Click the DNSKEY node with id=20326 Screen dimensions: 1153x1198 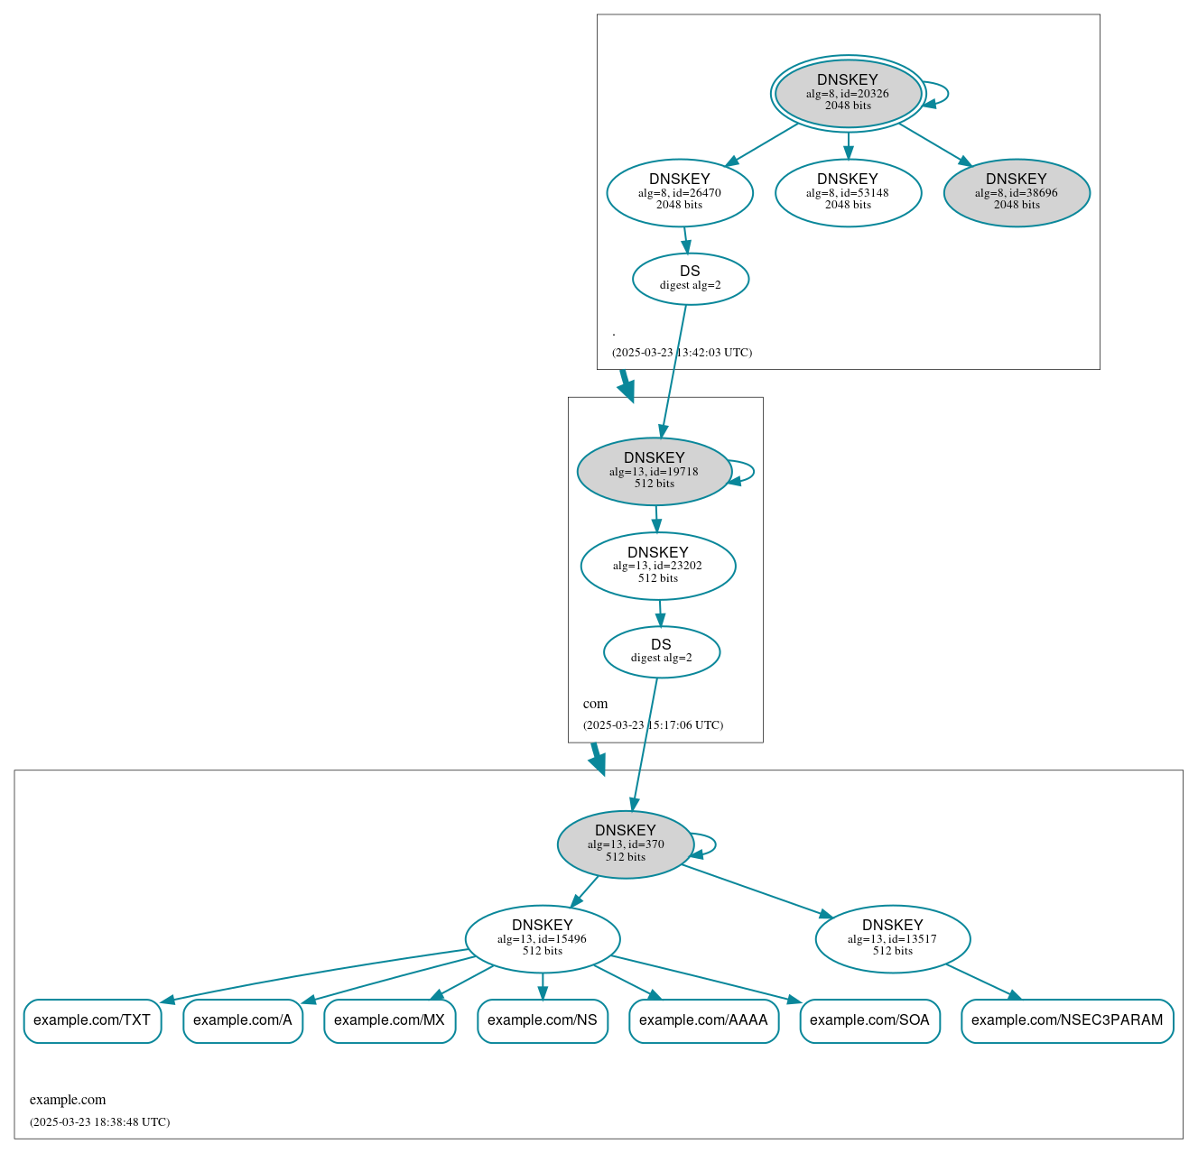848,93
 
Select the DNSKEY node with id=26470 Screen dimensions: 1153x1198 680,192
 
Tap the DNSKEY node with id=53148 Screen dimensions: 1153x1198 848,192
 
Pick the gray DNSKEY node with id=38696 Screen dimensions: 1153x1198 1017,192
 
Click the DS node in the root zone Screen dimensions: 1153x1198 691,278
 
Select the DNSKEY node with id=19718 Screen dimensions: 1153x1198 655,471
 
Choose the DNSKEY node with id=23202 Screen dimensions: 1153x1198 658,566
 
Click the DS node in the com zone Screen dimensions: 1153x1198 662,651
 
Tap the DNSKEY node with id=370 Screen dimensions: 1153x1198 626,844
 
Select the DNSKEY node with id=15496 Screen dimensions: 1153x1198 543,938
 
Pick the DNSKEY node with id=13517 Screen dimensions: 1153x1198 893,938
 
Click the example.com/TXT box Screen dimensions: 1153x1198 92,1020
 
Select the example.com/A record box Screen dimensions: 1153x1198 243,1020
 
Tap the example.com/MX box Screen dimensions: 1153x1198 389,1020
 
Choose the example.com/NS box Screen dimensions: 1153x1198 543,1020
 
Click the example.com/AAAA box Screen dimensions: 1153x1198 703,1020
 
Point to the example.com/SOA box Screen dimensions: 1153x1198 869,1020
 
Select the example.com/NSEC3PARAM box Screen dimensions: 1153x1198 1067,1020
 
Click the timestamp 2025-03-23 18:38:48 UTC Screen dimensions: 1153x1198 99,1122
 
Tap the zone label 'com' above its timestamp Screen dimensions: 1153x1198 595,704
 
